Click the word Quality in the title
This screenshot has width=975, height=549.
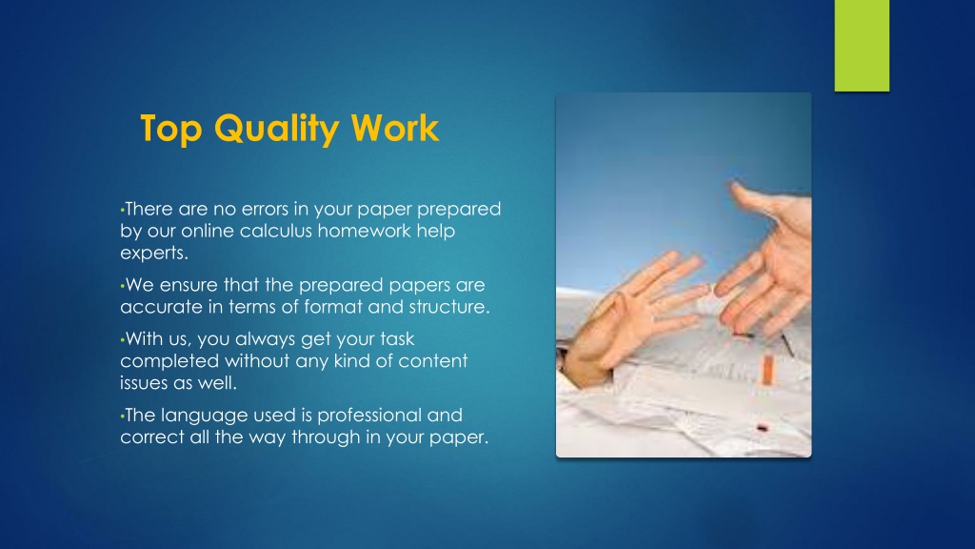[276, 130]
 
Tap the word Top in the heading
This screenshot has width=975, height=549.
[171, 130]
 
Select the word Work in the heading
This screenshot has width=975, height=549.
[395, 129]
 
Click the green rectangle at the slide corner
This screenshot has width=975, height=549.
[862, 46]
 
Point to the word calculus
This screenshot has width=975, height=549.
[275, 231]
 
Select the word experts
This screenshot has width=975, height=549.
[154, 254]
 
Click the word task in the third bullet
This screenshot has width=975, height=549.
[395, 338]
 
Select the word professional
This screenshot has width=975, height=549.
[361, 416]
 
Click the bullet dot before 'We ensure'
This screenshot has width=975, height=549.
[123, 287]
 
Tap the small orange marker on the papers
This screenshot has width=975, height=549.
[767, 369]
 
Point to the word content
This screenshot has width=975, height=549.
[433, 361]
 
